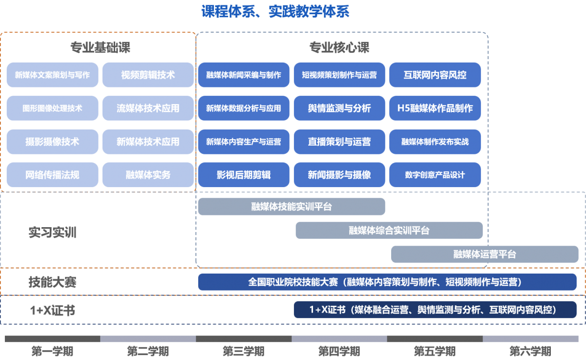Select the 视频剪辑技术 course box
tap(148, 75)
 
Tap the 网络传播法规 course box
tap(52, 175)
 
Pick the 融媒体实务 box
tap(148, 175)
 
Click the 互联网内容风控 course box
tap(435, 75)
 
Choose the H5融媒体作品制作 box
tap(435, 108)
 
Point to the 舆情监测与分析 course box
tap(339, 108)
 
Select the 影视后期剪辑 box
tap(244, 175)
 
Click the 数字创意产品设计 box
tap(435, 175)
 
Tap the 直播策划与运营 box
tap(339, 142)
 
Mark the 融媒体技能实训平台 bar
tap(292, 207)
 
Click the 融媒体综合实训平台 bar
tap(389, 231)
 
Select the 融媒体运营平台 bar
tap(484, 254)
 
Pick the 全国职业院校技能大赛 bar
tap(387, 282)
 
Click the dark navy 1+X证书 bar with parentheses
tap(435, 310)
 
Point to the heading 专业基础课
tap(100, 48)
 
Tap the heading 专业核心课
tap(339, 48)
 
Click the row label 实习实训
tap(52, 233)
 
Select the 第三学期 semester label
tap(243, 351)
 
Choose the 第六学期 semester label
tap(530, 351)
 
